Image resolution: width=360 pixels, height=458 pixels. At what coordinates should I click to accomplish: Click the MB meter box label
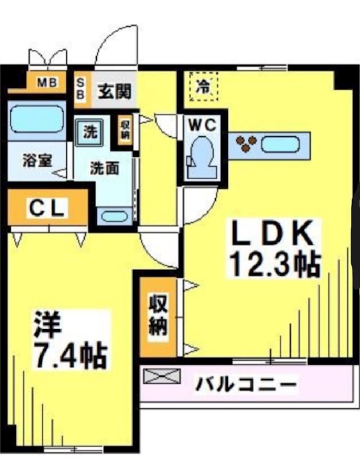(48, 82)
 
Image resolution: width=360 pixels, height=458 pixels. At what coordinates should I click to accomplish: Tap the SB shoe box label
(81, 89)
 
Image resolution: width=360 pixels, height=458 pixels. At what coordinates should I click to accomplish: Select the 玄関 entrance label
(114, 90)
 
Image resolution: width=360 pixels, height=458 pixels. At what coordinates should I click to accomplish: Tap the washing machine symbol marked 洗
(90, 132)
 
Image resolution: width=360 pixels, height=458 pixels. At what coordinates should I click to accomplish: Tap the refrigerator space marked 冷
(203, 87)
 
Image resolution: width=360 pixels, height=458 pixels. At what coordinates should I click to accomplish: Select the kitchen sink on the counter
(282, 143)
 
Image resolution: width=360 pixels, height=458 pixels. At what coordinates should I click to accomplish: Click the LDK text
(272, 235)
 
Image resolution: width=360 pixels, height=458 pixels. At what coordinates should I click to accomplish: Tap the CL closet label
(49, 207)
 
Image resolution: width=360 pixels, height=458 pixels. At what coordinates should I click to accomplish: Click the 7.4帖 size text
(70, 357)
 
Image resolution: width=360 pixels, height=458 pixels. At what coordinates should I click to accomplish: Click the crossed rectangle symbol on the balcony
(161, 376)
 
